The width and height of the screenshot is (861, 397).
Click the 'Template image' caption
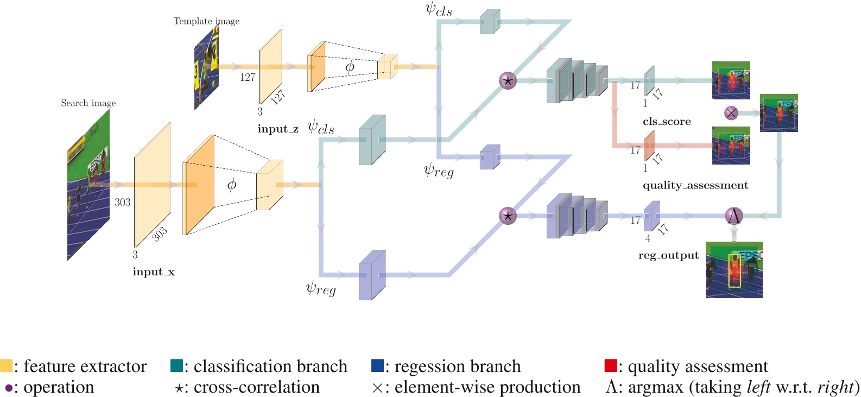206,21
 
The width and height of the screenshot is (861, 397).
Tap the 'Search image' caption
88,103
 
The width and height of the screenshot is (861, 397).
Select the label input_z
277,129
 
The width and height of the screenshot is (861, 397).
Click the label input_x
154,272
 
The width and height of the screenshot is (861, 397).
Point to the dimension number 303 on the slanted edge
159,234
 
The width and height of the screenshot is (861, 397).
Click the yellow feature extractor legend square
6,366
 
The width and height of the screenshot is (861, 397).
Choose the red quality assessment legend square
610,366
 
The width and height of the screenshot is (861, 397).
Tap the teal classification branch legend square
176,366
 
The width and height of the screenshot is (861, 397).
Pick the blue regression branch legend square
377,366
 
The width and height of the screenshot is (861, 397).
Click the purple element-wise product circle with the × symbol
731,113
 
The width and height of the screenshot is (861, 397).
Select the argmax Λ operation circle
734,216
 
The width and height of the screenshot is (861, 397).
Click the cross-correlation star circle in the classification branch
508,81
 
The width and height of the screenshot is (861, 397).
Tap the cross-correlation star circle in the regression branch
508,216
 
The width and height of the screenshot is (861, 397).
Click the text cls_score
667,122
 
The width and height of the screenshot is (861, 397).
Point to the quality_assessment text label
695,186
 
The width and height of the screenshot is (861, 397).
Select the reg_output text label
668,255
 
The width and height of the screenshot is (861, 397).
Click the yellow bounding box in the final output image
735,271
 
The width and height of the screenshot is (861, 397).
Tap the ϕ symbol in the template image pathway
350,67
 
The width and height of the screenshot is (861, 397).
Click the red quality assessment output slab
649,146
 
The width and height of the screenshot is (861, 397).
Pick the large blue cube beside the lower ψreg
372,275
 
